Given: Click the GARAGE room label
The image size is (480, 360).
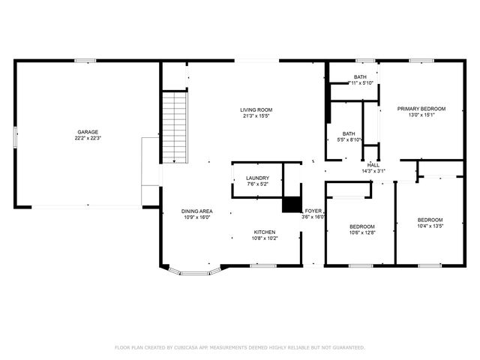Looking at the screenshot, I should pyautogui.click(x=88, y=131).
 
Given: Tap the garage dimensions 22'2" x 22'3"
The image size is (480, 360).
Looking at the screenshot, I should pyautogui.click(x=88, y=138).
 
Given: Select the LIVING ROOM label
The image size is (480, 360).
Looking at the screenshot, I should pyautogui.click(x=256, y=109).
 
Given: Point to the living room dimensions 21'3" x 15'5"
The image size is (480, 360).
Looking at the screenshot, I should pyautogui.click(x=256, y=116).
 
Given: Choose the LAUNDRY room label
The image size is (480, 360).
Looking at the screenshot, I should pyautogui.click(x=257, y=178).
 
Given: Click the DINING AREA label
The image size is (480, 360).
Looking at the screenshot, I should pyautogui.click(x=196, y=211).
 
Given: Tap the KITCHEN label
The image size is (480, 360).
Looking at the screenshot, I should pyautogui.click(x=264, y=232).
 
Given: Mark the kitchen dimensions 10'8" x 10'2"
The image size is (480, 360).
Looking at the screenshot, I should pyautogui.click(x=264, y=238).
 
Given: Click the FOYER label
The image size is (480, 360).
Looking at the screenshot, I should pyautogui.click(x=313, y=211).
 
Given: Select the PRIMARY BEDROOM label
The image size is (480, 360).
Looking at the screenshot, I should pyautogui.click(x=421, y=109).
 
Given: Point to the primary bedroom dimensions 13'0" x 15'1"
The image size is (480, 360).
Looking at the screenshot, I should pyautogui.click(x=421, y=115).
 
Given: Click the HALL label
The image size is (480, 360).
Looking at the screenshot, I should pyautogui.click(x=373, y=165).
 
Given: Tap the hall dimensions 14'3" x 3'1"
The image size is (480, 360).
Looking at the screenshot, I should pyautogui.click(x=373, y=171).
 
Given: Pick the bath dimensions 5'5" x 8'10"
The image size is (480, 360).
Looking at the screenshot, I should pyautogui.click(x=350, y=139).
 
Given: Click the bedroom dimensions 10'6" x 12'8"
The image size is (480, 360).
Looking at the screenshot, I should pyautogui.click(x=362, y=232).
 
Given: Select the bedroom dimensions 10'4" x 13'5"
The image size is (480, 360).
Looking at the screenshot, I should pyautogui.click(x=430, y=226).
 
